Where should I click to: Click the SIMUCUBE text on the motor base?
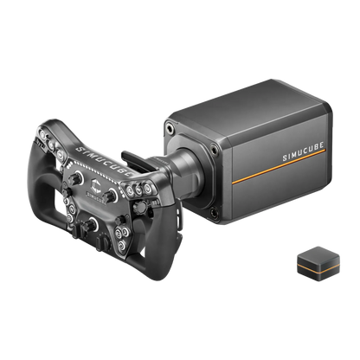pyautogui.click(x=303, y=151)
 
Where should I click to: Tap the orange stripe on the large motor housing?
pyautogui.click(x=279, y=166)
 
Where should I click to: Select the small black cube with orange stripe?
pyautogui.click(x=318, y=264)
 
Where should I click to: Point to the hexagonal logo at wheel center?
pyautogui.click(x=96, y=185)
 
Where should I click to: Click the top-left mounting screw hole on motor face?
pyautogui.click(x=170, y=128)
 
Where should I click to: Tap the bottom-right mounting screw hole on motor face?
pyautogui.click(x=215, y=213)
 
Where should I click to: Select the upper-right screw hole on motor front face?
pyautogui.click(x=215, y=150)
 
